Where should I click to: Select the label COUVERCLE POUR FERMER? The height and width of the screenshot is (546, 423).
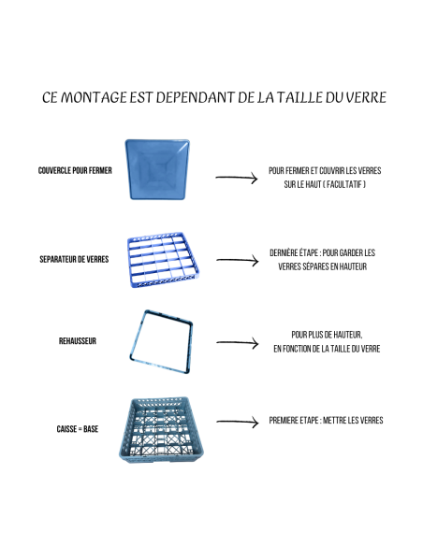[76, 171]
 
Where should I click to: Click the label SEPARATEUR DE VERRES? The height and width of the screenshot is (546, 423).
[75, 258]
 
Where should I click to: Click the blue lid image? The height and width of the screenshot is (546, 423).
[158, 169]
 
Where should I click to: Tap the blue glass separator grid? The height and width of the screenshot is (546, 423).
[157, 259]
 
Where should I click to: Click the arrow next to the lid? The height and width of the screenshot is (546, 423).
[236, 177]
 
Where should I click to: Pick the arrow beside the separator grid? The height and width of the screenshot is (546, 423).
[236, 262]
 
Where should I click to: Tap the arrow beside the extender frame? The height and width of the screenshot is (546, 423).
[236, 344]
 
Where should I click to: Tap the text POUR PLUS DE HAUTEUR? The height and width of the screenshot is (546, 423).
[327, 334]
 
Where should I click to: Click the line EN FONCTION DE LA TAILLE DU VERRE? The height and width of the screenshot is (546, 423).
[327, 349]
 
